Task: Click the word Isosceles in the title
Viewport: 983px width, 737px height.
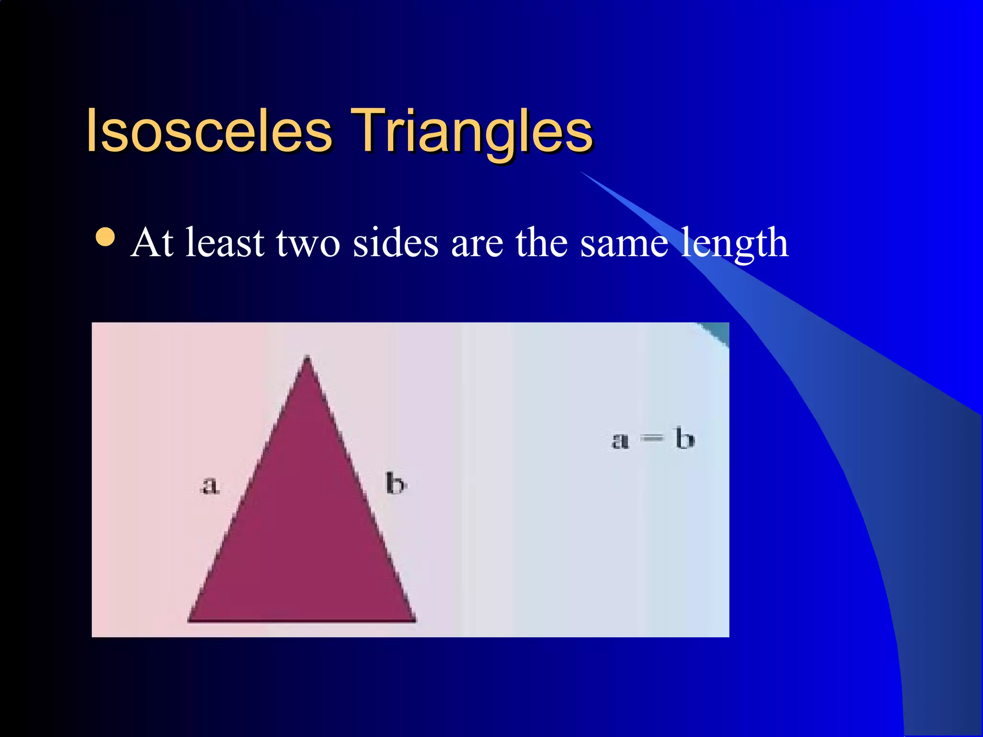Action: coord(209,131)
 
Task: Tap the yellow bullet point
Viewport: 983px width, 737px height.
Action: coord(105,237)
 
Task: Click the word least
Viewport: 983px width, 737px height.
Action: coord(225,243)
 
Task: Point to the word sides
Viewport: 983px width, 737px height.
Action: coord(396,243)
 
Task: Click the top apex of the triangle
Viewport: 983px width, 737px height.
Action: coord(307,357)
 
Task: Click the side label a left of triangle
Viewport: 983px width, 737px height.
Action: coord(210,486)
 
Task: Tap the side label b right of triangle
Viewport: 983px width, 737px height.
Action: coord(396,484)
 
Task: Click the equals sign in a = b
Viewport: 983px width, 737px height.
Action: coord(652,439)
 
